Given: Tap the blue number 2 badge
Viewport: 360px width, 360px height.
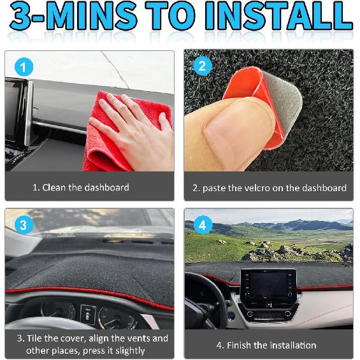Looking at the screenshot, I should coord(201,66).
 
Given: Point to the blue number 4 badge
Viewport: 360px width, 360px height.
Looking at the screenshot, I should coord(201,224).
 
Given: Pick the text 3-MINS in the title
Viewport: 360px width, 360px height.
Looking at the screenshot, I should coord(73,19).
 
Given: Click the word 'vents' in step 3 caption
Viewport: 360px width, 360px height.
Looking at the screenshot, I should coord(139,338).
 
